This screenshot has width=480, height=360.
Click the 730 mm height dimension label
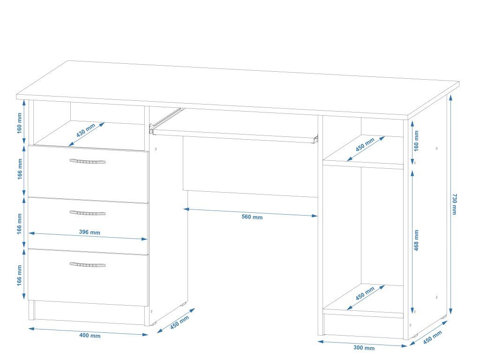(454, 204)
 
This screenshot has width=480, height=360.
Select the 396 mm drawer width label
(90, 232)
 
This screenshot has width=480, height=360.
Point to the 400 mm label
(89, 336)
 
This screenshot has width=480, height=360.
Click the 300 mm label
(363, 348)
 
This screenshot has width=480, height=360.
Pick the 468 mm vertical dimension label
(416, 240)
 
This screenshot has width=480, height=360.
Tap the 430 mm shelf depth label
(86, 130)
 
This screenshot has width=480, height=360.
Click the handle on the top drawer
(88, 161)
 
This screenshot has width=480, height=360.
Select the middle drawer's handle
(88, 213)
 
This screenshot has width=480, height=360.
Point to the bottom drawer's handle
(88, 264)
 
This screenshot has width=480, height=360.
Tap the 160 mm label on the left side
(20, 123)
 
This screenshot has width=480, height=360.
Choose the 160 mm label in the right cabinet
(416, 140)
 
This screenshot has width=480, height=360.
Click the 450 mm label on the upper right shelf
(365, 144)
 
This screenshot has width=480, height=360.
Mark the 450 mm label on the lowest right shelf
(365, 293)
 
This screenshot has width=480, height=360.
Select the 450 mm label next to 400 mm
(179, 322)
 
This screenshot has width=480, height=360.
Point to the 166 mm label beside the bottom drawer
(20, 276)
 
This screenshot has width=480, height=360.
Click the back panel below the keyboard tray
(251, 169)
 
